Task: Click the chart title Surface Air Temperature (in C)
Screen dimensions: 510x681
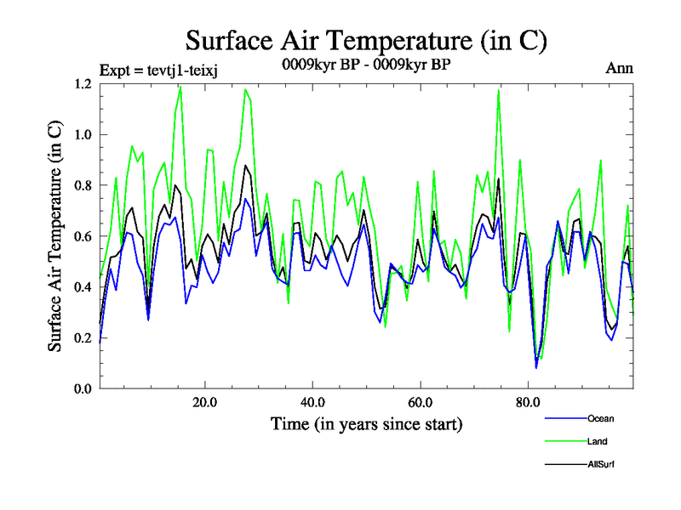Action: point(366,40)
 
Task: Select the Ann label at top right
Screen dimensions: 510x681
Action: point(620,69)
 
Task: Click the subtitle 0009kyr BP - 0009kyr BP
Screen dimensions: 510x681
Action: point(366,63)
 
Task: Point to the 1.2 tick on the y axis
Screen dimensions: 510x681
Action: point(83,83)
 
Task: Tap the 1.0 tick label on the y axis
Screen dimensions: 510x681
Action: point(83,134)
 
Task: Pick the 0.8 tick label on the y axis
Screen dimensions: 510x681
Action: point(83,185)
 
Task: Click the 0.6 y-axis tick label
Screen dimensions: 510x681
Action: point(83,236)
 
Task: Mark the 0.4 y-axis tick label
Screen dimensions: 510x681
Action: point(83,287)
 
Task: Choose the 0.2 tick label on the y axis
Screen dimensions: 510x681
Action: point(83,338)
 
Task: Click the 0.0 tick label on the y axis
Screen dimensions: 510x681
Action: point(83,388)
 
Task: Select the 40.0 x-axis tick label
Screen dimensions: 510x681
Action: point(312,402)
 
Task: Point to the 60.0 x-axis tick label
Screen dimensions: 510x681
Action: point(421,402)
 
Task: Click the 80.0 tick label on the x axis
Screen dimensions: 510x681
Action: point(528,402)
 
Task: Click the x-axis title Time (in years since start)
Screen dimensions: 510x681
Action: point(366,423)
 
